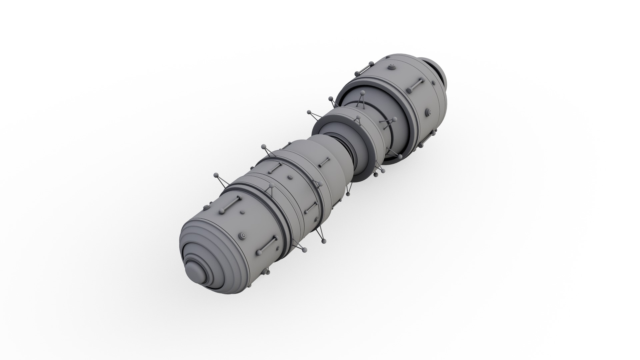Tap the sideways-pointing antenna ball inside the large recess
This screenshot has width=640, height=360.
395,119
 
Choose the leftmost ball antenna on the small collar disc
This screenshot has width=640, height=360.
309,112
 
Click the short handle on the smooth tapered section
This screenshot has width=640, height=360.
324,162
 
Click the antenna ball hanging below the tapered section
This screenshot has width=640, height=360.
348,193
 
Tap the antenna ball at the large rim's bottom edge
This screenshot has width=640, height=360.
400,156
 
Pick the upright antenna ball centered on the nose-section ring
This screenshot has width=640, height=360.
271,185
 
